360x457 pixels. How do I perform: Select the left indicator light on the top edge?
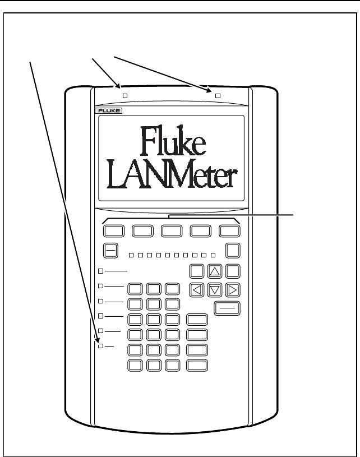pos(125,96)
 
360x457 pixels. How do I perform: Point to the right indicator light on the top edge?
pos(218,96)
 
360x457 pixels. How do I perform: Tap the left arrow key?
pos(197,290)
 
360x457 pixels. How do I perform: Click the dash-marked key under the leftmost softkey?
pos(110,251)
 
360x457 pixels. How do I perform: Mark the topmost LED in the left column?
pos(101,271)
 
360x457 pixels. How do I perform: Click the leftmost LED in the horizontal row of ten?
pos(131,256)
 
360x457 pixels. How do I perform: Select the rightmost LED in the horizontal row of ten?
pos(213,256)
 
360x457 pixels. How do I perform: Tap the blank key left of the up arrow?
pos(197,272)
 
